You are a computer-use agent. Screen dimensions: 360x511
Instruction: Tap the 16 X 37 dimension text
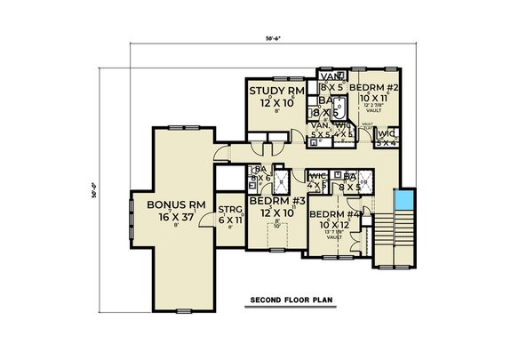click(x=172, y=216)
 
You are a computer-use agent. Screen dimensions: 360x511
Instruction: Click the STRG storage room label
click(x=230, y=206)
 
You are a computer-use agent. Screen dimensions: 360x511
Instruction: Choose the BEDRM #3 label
click(x=273, y=202)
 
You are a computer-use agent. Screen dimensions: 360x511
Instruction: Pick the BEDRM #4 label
click(x=335, y=214)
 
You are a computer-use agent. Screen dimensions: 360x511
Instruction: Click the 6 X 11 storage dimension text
click(x=230, y=218)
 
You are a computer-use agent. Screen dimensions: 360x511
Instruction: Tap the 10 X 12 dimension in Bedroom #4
click(x=334, y=227)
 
